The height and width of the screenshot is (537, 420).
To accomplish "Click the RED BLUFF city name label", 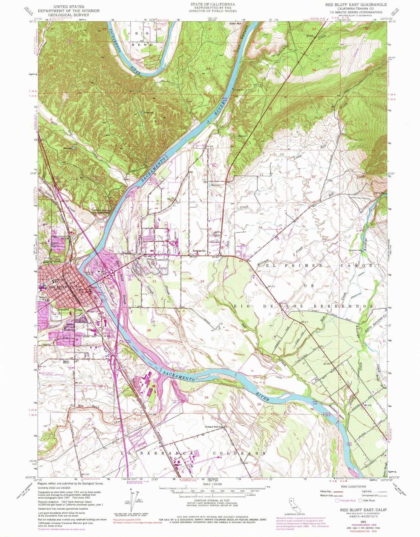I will (x=58, y=287).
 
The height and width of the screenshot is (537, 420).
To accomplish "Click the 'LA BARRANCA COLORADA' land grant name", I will (x=193, y=453).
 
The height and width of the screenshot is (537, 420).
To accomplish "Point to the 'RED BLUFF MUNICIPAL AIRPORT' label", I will (x=53, y=374).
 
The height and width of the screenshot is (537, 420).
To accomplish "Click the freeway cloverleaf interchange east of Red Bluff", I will (x=111, y=272).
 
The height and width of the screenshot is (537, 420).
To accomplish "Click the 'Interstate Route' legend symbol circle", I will (x=337, y=501).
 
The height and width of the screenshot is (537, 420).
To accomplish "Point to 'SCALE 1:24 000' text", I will (x=212, y=484).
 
